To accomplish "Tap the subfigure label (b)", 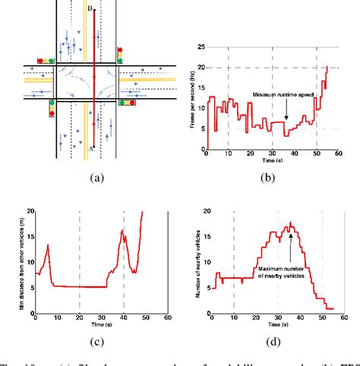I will (267, 179).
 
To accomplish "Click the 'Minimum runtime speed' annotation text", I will (282, 96).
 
